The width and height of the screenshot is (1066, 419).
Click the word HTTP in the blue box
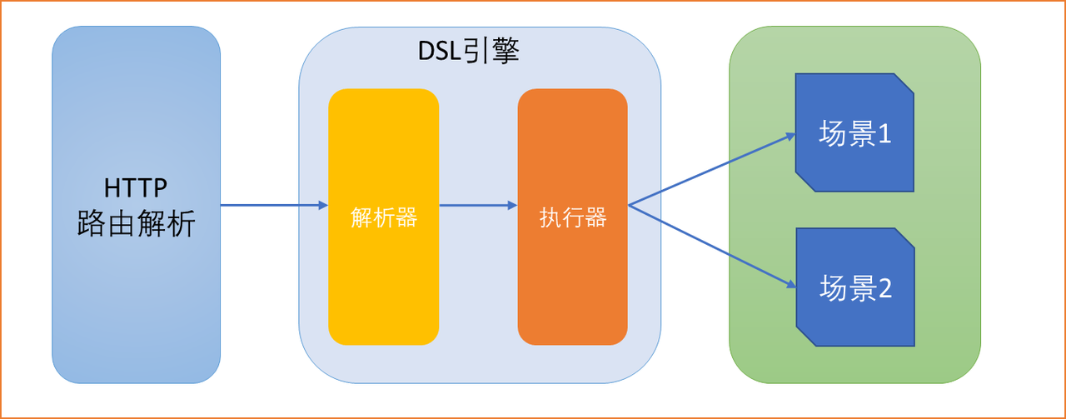[x=136, y=188]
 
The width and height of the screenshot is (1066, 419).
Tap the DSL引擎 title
[x=468, y=52]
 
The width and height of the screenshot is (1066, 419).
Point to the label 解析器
[x=383, y=218]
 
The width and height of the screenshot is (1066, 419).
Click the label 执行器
[x=572, y=218]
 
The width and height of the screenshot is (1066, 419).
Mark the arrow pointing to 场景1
[x=708, y=172]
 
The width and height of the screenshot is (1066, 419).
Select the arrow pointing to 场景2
[x=708, y=245]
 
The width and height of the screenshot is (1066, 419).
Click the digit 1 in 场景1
[x=884, y=134]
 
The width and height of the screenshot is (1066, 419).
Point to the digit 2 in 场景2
[x=884, y=288]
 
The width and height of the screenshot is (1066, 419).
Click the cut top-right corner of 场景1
[x=904, y=83]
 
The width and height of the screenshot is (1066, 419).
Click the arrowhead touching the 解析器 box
[x=322, y=205]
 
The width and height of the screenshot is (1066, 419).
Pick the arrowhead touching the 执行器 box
[x=511, y=205]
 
